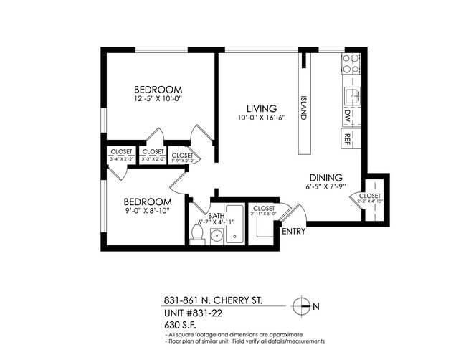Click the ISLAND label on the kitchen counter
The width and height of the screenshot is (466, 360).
303,109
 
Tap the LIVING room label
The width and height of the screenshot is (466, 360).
262,108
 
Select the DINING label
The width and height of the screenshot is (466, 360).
325,178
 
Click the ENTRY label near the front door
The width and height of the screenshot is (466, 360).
293,232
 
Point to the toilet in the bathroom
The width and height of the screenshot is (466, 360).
197,235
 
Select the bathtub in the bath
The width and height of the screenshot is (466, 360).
234,224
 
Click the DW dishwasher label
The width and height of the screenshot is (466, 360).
348,115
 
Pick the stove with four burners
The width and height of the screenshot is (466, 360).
351,64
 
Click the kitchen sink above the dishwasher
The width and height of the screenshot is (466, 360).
351,95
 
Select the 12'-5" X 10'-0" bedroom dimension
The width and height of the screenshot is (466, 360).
158,98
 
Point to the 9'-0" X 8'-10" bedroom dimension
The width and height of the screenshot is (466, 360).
148,211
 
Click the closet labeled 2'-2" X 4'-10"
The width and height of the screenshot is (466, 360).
371,199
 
